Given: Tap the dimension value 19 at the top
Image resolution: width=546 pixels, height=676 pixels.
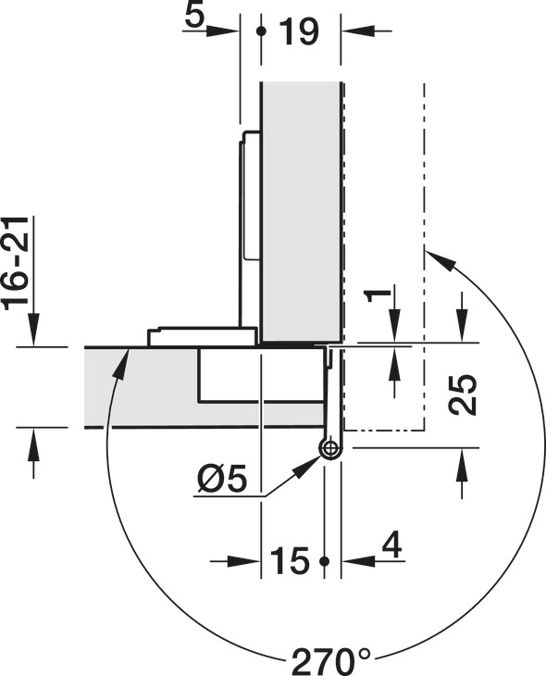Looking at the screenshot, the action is point(299,31).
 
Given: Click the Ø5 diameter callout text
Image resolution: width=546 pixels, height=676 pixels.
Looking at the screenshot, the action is point(223,480).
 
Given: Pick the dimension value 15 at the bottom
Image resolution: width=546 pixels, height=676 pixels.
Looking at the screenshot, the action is point(290,560).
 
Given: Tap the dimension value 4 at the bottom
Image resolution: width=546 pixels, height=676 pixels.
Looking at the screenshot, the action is point(391,545).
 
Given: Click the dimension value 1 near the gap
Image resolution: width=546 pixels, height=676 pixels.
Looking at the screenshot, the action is point(377,296).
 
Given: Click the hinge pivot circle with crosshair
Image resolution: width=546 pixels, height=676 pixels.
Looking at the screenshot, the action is point(330,448).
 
